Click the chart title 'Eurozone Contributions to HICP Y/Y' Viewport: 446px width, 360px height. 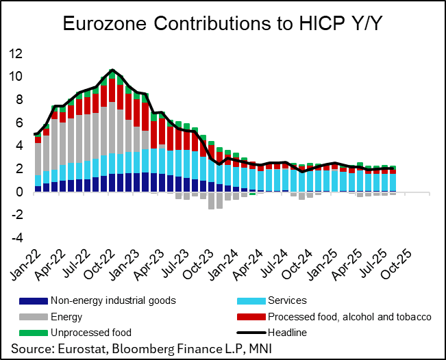click(223, 24)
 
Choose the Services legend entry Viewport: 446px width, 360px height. click(288, 300)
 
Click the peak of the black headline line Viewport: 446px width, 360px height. click(112, 70)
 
